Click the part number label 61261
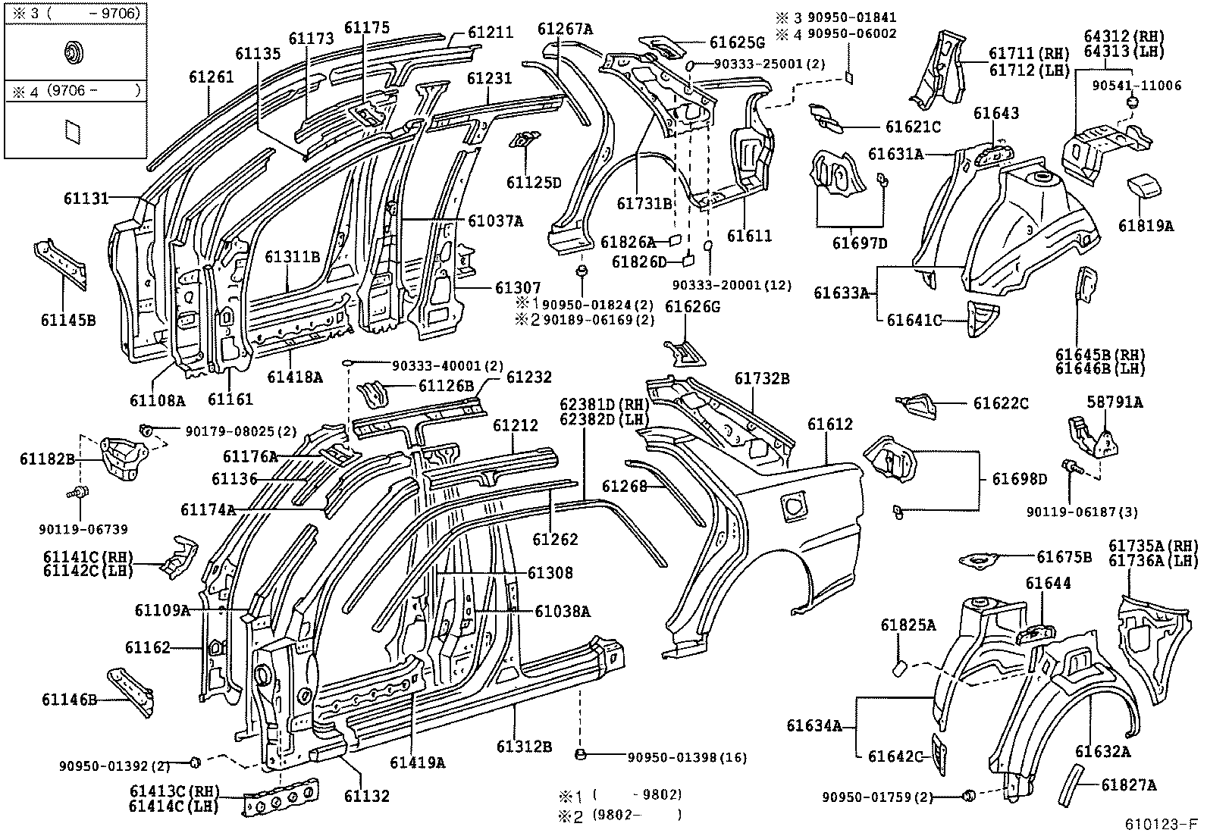tap(212, 77)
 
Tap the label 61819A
tap(1146, 225)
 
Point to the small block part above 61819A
tap(1142, 186)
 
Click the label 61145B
tap(68, 320)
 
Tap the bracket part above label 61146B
tap(132, 689)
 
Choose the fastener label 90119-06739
tap(84, 529)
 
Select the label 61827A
tap(1129, 785)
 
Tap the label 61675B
tap(1064, 557)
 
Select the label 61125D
tap(534, 183)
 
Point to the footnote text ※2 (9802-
tap(620, 816)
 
